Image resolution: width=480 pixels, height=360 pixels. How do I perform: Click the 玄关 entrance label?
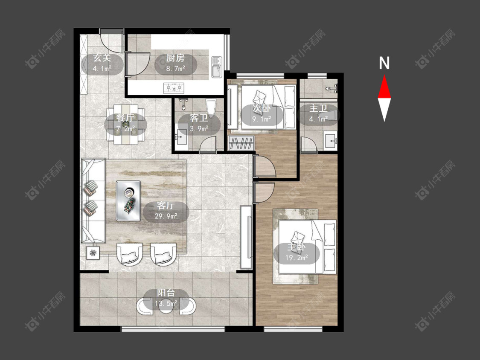coord(102,58)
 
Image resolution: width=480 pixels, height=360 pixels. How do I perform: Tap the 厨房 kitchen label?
coord(175,58)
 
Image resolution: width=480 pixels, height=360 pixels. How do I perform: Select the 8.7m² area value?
coord(176,68)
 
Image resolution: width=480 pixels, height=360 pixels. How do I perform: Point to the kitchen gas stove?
coord(174,88)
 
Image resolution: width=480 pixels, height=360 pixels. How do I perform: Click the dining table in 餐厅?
coord(126,124)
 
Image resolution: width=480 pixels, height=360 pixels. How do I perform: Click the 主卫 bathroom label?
coord(318,108)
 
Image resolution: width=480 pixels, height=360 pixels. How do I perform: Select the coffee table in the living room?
coord(128,200)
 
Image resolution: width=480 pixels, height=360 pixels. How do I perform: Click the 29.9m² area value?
coord(166,216)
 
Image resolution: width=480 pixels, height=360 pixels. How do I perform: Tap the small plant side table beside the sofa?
coord(93,253)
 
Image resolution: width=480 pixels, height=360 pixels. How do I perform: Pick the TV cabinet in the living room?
coord(246,236)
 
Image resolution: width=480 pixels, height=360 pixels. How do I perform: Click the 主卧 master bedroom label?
coord(297,247)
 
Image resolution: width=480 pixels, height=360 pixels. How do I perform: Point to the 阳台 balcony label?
coord(166,293)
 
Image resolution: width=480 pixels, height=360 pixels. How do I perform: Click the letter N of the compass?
coord(384,63)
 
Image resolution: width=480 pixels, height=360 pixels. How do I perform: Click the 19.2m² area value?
coord(297,258)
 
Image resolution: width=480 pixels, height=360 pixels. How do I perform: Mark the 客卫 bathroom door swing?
coord(208,144)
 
